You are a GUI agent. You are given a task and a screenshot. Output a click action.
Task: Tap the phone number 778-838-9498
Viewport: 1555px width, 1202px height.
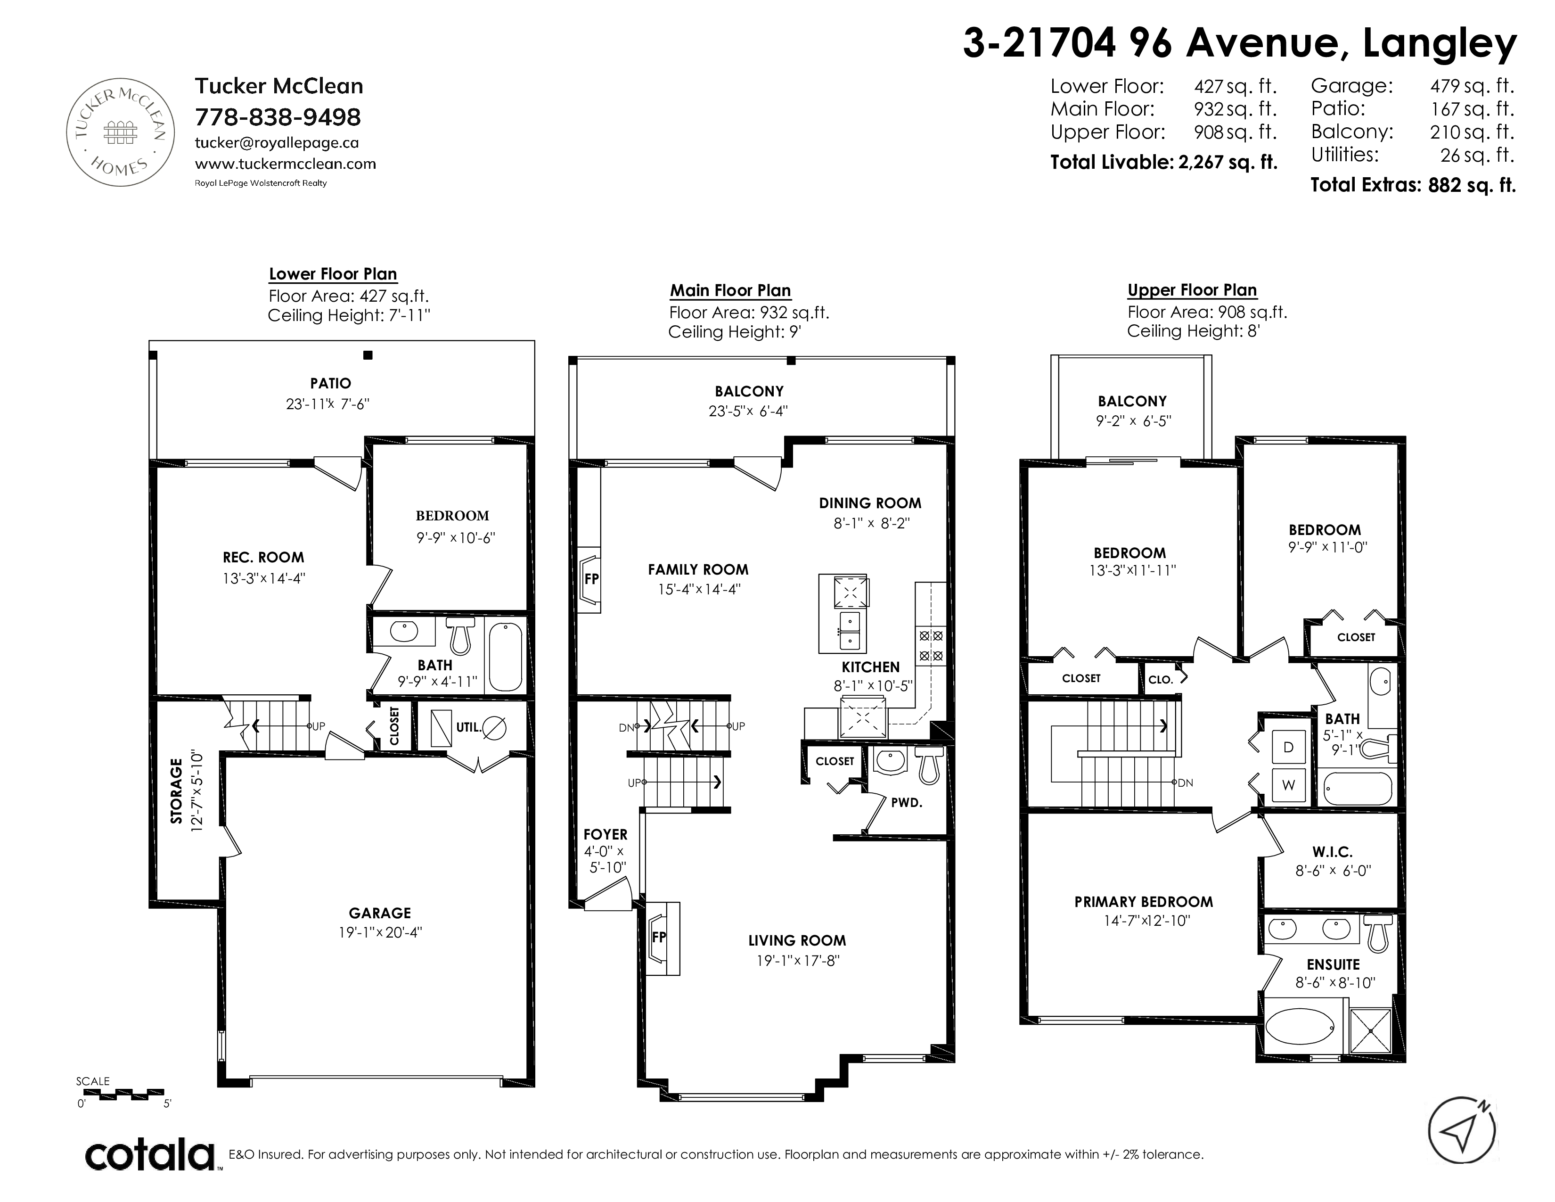(278, 117)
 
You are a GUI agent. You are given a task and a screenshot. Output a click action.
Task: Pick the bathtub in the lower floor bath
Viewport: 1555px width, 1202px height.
(506, 656)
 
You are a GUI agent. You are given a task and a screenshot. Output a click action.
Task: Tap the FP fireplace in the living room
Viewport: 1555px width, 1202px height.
(663, 938)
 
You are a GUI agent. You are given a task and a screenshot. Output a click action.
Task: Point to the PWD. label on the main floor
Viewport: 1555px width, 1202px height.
(906, 803)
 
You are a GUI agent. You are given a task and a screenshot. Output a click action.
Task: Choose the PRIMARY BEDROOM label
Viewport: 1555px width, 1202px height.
(1144, 901)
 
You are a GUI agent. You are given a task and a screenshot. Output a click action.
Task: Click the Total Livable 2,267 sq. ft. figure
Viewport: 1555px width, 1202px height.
(1164, 162)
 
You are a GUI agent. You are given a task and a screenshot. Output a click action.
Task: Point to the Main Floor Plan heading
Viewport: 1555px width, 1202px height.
(730, 290)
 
